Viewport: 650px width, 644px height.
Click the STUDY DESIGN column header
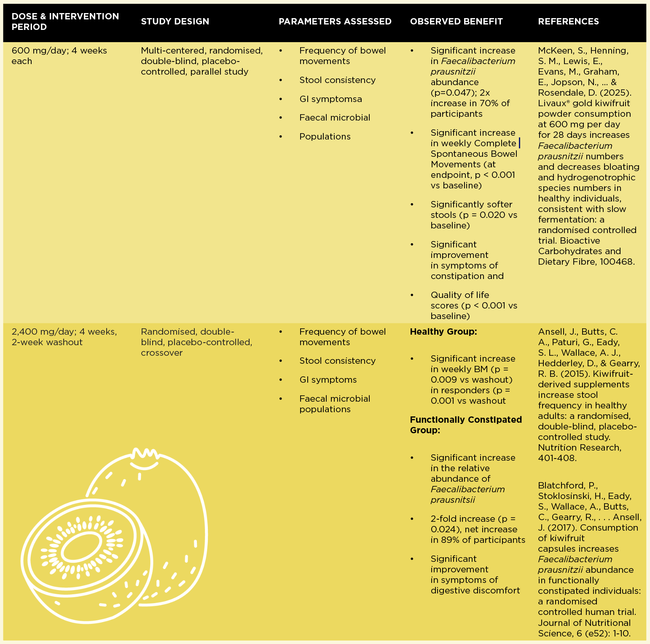175,21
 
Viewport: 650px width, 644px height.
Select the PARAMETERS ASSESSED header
335,21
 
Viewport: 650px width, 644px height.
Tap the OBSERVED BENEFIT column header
457,21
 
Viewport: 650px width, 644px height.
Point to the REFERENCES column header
568,21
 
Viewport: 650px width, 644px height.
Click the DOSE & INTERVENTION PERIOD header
65,21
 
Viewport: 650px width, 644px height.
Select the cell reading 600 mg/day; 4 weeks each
59,56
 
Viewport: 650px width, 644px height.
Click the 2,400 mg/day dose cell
64,337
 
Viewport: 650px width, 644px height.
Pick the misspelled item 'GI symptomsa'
330,99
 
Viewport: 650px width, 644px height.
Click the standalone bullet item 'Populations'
325,137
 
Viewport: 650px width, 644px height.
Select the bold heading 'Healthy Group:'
443,332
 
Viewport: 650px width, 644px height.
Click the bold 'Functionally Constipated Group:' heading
466,425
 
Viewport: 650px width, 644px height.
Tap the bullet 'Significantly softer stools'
474,215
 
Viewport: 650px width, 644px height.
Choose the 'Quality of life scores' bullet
474,306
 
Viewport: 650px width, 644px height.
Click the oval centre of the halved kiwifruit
81,550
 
